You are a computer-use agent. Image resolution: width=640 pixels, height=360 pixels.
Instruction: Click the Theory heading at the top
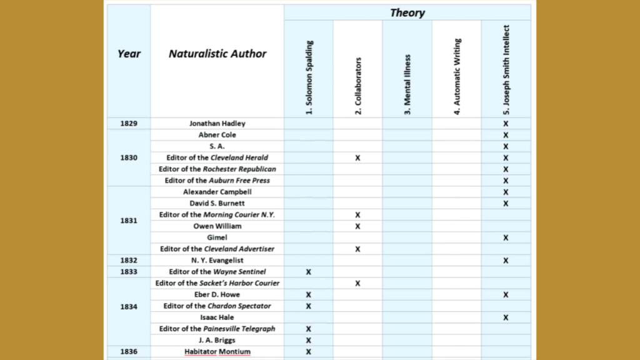coord(407,12)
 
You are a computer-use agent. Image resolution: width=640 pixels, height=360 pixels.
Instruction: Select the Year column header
coord(129,54)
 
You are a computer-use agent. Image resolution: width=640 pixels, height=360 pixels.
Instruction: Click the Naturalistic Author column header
coord(217,54)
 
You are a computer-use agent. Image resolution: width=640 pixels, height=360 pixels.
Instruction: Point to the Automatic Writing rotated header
coord(457,76)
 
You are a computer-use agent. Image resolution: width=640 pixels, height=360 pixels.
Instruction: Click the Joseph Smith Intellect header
coord(506,69)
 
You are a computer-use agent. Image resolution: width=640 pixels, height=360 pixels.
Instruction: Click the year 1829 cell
coord(129,124)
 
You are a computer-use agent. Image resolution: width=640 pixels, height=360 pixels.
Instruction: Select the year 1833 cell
coord(129,272)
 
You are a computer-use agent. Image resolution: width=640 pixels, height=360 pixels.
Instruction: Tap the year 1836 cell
coord(129,351)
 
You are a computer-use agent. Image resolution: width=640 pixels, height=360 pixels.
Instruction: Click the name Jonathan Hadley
coord(217,124)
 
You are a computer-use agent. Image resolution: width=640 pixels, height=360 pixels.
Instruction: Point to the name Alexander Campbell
coord(217,192)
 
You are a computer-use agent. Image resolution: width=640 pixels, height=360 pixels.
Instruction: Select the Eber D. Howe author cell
coord(217,294)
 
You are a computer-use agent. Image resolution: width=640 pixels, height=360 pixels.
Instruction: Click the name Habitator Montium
coord(217,352)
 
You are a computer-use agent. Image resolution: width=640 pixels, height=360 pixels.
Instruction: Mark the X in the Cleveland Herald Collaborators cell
coord(357,158)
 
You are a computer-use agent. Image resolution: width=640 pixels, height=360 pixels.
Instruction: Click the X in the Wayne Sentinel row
coord(309,272)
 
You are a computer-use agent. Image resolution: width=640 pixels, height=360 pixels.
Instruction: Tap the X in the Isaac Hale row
coord(506,317)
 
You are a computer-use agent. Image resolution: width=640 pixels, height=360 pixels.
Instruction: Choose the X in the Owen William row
coord(357,226)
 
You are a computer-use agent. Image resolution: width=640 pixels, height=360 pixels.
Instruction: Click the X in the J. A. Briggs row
coord(309,340)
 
